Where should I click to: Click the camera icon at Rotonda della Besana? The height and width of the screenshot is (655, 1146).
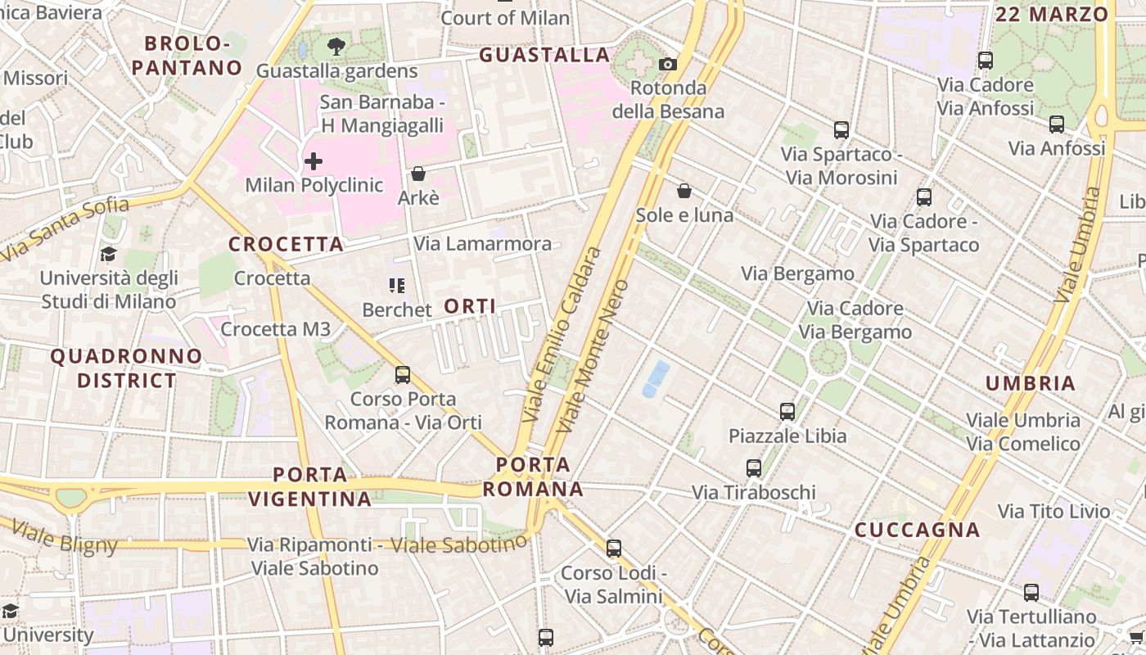tap(668, 64)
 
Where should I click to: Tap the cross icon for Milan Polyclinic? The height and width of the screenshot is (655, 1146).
tap(313, 161)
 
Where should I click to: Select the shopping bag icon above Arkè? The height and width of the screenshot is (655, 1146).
tap(417, 174)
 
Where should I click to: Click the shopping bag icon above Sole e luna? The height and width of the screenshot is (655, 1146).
tap(684, 191)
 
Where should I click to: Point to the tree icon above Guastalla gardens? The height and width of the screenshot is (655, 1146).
tap(336, 46)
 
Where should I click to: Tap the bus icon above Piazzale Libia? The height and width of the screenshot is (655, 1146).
tap(787, 411)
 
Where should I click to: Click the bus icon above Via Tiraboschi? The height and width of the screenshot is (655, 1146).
tap(754, 468)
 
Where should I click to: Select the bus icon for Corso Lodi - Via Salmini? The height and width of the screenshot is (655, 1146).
tap(614, 548)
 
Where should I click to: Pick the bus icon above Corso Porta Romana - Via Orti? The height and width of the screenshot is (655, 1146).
tap(403, 375)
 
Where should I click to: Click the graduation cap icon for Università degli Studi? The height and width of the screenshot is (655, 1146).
tap(108, 254)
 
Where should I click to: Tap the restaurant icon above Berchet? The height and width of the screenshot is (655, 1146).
tap(397, 286)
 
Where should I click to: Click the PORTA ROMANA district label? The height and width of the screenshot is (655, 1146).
tap(533, 477)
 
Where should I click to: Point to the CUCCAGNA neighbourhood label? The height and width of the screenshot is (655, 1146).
tap(917, 530)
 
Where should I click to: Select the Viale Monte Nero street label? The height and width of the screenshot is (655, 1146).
tap(593, 356)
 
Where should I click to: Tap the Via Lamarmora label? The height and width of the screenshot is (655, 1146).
tap(482, 244)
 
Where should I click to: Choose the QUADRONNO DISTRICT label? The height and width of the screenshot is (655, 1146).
tap(126, 368)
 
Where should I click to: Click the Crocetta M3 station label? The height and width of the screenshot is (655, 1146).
tap(276, 329)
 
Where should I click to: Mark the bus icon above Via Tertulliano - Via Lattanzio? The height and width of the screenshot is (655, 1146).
tap(1031, 592)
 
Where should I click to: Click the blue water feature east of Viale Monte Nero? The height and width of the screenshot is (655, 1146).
tap(656, 379)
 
